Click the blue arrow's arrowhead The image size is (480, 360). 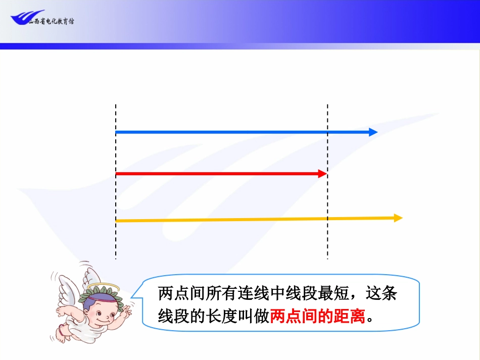click(373, 132)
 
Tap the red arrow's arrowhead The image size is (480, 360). click(322, 174)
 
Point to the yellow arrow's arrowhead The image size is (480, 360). click(398, 218)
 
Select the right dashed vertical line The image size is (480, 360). click(327, 242)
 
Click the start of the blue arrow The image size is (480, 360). click(117, 132)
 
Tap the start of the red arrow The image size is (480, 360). click(117, 174)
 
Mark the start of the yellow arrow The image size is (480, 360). click(117, 221)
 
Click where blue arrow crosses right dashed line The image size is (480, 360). click(327, 132)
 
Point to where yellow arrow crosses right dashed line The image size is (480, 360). click(327, 219)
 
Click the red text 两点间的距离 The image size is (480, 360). click(317, 317)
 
